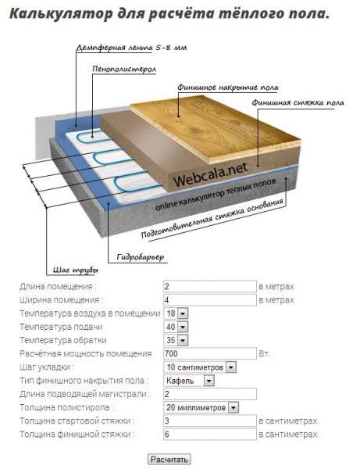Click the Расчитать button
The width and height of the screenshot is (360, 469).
click(169, 459)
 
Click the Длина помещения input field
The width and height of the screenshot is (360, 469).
click(210, 286)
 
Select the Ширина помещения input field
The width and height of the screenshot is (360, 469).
click(210, 299)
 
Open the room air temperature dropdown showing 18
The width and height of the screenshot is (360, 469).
click(176, 313)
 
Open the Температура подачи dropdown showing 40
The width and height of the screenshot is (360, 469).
click(176, 327)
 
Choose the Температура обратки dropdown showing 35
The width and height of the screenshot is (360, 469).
click(176, 340)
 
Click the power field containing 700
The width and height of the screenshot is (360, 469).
click(210, 353)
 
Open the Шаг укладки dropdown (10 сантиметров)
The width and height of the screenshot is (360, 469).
click(200, 367)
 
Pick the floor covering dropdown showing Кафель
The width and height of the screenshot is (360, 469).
click(189, 381)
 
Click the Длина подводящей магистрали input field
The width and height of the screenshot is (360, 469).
click(210, 394)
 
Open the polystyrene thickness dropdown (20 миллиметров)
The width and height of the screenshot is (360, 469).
click(201, 407)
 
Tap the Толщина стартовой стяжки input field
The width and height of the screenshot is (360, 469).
click(210, 421)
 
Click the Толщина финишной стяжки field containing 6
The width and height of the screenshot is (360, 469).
click(210, 435)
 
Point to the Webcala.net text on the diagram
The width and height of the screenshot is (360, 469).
click(211, 174)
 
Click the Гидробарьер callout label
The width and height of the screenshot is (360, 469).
click(141, 257)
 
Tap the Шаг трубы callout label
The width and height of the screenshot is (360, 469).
click(76, 270)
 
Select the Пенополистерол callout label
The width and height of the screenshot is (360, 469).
click(124, 69)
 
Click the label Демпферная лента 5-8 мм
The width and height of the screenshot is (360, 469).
click(131, 48)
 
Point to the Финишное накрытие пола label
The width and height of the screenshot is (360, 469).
click(228, 88)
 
